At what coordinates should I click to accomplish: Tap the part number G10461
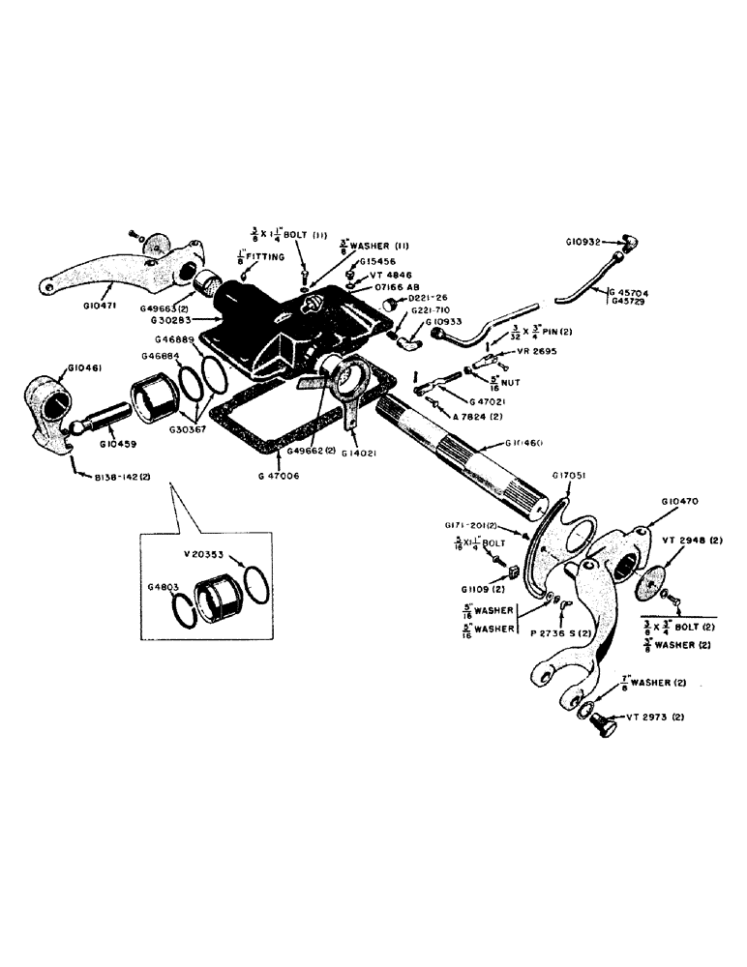tap(84, 368)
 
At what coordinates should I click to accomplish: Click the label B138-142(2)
tap(122, 478)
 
